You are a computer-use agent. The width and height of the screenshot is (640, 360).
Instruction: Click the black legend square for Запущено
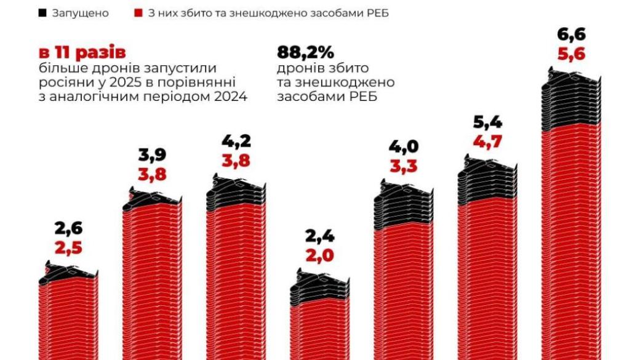click(x=42, y=13)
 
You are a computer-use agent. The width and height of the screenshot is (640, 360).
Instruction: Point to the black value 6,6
click(x=571, y=33)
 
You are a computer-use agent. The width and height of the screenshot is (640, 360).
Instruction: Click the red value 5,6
click(x=571, y=54)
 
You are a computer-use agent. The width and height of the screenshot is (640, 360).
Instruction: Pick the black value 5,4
click(x=488, y=123)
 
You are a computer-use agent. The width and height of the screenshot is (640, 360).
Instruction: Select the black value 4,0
click(x=404, y=146)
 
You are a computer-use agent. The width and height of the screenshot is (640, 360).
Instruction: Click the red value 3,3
click(x=404, y=166)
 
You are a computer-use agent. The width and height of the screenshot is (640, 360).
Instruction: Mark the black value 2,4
click(x=321, y=234)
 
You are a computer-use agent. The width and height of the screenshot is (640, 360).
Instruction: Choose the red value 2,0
click(x=321, y=255)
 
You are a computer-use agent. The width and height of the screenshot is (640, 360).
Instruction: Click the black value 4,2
click(x=237, y=142)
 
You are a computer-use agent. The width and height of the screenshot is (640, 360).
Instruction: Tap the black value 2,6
click(x=68, y=228)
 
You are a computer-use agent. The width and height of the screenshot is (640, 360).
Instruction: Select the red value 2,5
click(x=68, y=249)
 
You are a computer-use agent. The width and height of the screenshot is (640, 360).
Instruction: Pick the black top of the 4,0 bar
click(x=404, y=206)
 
